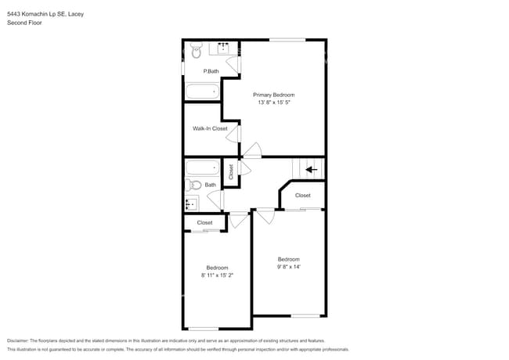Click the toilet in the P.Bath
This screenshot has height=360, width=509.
click(x=196, y=49)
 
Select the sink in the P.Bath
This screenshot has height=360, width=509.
click(x=224, y=48)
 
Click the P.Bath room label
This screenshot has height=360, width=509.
click(x=210, y=71)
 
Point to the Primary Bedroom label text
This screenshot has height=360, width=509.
click(x=273, y=95)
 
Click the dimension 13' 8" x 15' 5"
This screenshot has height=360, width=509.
click(x=273, y=103)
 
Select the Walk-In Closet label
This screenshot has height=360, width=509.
click(x=210, y=128)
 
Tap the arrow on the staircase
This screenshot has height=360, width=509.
click(x=311, y=168)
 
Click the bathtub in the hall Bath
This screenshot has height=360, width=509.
click(x=203, y=167)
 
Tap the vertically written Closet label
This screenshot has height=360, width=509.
click(x=231, y=171)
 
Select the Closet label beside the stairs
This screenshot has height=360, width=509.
click(x=302, y=196)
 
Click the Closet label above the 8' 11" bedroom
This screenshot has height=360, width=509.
click(x=204, y=223)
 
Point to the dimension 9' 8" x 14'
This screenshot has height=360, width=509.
click(x=288, y=267)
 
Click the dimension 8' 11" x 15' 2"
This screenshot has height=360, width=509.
click(x=217, y=275)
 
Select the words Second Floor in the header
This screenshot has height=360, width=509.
click(x=24, y=23)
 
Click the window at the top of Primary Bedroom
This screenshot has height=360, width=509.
click(x=287, y=39)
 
